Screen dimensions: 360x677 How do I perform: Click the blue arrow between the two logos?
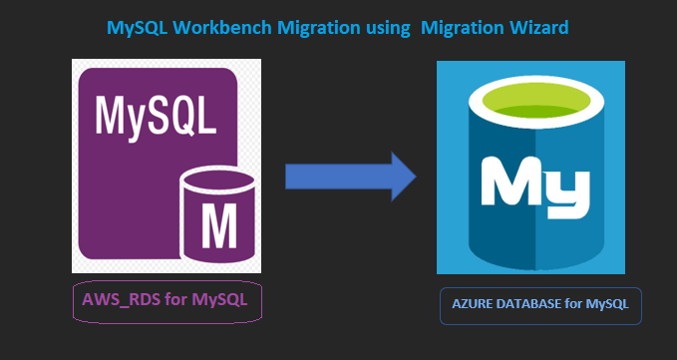(x=349, y=177)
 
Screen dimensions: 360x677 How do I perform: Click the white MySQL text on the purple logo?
(x=156, y=116)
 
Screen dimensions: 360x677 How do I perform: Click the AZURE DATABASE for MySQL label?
(x=540, y=304)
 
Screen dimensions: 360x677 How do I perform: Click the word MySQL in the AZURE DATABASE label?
(x=608, y=304)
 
